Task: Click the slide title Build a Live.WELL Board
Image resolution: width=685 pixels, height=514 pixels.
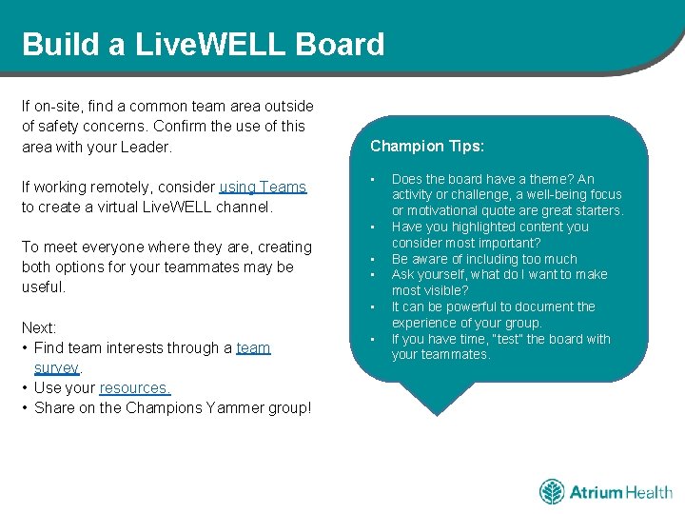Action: [x=203, y=45]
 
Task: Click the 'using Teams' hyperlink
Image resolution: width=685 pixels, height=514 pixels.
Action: [x=263, y=188]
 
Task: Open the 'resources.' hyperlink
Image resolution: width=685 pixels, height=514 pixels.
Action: [x=135, y=388]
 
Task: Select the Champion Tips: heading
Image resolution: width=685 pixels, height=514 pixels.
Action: [x=427, y=147]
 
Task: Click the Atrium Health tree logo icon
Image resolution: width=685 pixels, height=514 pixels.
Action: [x=552, y=492]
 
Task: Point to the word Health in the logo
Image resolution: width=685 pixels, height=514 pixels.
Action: [x=649, y=492]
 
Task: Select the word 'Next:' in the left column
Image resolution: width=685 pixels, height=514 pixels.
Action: [x=39, y=327]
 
